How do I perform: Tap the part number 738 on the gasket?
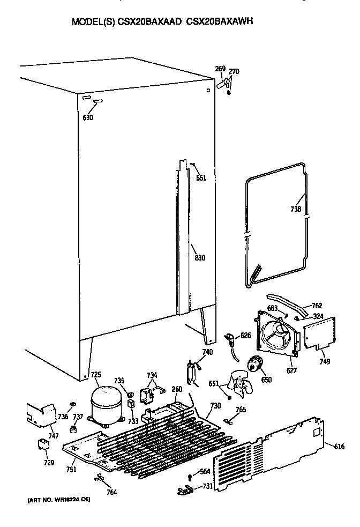(x=296, y=209)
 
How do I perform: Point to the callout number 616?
(x=339, y=446)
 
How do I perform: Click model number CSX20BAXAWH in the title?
(x=222, y=23)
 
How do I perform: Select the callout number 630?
(x=88, y=117)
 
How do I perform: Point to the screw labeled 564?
(x=190, y=477)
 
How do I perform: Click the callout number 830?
(x=199, y=258)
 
